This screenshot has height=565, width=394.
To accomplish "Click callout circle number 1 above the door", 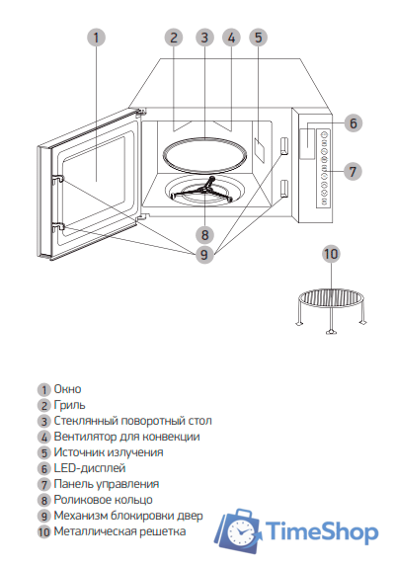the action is pyautogui.click(x=96, y=38).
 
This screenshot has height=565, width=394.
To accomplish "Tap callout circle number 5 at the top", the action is pyautogui.click(x=259, y=38).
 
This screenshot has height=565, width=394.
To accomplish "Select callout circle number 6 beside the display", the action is pyautogui.click(x=353, y=123).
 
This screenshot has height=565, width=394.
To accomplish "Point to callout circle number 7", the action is pyautogui.click(x=353, y=171).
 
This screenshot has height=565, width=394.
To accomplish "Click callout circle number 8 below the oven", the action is pyautogui.click(x=204, y=235).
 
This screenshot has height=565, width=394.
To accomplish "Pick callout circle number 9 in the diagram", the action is pyautogui.click(x=204, y=255).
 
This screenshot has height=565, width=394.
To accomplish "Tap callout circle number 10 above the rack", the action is pyautogui.click(x=331, y=254).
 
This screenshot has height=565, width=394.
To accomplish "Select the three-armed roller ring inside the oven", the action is pyautogui.click(x=203, y=190).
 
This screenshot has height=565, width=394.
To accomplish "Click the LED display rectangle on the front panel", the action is pyautogui.click(x=307, y=143).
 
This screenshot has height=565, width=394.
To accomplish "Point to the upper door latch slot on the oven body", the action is pyautogui.click(x=284, y=145).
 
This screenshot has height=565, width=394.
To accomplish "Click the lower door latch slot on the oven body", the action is pyautogui.click(x=284, y=189).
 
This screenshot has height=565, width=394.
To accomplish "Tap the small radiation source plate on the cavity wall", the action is pyautogui.click(x=259, y=149).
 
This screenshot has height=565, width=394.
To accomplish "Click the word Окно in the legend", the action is pyautogui.click(x=67, y=389).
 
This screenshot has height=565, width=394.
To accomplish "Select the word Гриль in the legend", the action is pyautogui.click(x=69, y=405).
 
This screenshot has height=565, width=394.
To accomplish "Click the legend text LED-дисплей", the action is pyautogui.click(x=90, y=468).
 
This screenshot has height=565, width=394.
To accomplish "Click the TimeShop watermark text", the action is pyautogui.click(x=322, y=532).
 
